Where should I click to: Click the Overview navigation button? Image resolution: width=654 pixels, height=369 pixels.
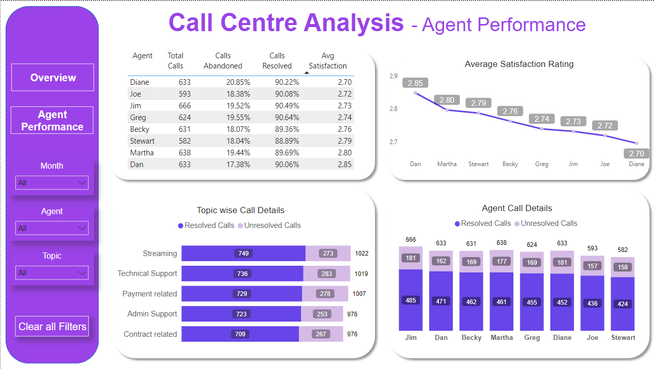point(53,78)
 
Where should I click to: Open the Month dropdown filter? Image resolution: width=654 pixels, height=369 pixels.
point(52,183)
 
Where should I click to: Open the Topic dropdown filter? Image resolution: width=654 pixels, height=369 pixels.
point(52,273)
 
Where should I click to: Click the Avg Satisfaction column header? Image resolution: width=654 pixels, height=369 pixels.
point(328,61)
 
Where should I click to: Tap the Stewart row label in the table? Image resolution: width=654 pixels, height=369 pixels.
point(142,141)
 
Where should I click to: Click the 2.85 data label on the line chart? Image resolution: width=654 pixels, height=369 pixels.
point(415,83)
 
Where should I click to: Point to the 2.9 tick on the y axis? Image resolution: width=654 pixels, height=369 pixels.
point(393,76)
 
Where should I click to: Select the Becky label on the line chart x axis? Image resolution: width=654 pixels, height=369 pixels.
point(510,164)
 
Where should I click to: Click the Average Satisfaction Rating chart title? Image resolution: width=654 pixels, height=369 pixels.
point(519,64)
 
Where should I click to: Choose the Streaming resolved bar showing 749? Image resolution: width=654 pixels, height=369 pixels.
point(243,253)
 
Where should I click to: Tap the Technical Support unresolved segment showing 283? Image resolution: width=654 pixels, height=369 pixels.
point(326,273)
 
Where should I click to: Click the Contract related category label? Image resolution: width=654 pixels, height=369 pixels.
point(150,334)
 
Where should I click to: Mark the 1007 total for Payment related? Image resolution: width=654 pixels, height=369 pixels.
point(359,294)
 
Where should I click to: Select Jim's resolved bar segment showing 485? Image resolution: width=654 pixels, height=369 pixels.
point(411,300)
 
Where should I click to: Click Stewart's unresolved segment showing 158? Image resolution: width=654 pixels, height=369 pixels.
point(622,267)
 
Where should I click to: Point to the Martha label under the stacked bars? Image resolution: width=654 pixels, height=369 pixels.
point(501,338)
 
